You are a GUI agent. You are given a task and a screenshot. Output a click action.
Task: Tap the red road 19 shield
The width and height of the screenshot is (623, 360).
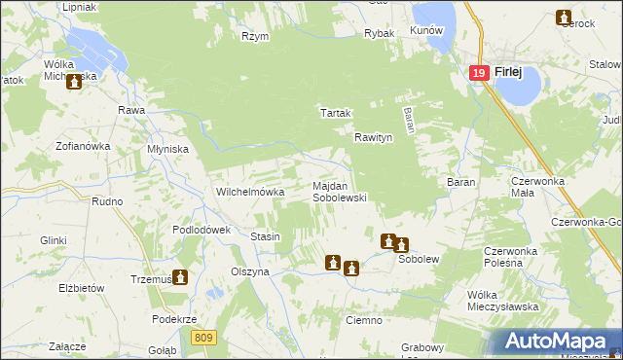tap(477, 73)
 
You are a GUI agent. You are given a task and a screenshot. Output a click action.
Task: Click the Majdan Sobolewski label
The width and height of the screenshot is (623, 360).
tap(339, 191)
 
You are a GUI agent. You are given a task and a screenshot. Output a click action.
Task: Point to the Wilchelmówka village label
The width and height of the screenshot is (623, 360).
tap(250, 193)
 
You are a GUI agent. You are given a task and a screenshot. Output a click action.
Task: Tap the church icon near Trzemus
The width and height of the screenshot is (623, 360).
tap(180, 277)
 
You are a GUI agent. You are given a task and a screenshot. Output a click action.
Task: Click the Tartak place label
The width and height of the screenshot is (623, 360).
tap(336, 113)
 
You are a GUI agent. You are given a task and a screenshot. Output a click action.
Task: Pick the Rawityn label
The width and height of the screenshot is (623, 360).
tap(373, 138)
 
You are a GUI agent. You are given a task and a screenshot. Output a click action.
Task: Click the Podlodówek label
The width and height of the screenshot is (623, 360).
tap(201, 230)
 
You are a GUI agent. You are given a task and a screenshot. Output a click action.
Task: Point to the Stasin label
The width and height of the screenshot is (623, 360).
tap(266, 236)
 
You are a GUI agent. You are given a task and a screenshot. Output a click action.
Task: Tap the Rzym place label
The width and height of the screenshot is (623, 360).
tap(255, 36)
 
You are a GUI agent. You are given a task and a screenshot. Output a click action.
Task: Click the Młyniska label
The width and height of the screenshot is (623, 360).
tap(167, 149)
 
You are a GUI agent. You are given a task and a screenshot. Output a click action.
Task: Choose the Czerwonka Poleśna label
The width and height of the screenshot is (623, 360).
tap(511, 257)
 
